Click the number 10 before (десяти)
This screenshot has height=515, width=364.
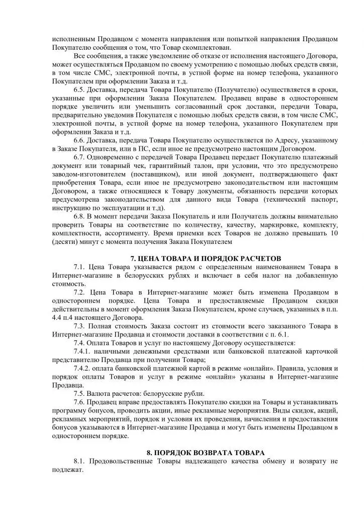click(334, 233)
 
